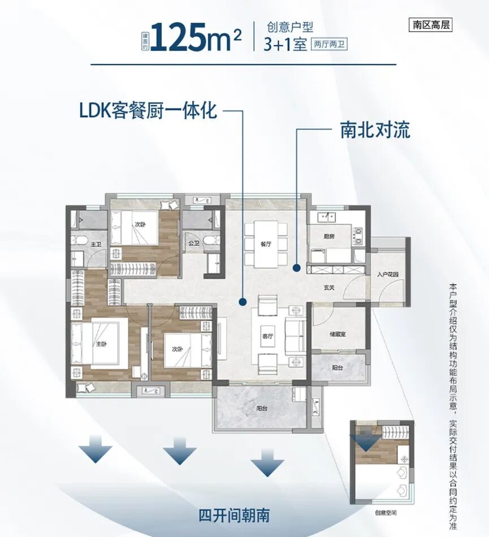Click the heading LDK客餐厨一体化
pyautogui.click(x=148, y=110)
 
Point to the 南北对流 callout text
pyautogui.click(x=375, y=130)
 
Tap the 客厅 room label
pyautogui.click(x=267, y=335)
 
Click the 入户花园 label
pyautogui.click(x=388, y=275)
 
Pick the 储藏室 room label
pyautogui.click(x=337, y=334)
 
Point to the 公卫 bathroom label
pyautogui.click(x=194, y=244)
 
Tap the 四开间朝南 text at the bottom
pyautogui.click(x=234, y=515)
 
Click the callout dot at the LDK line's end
pyautogui.click(x=243, y=301)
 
